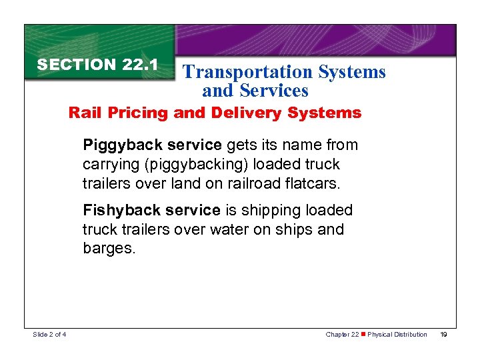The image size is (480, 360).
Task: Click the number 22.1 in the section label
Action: [140, 65]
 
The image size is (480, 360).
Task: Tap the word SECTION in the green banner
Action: [77, 65]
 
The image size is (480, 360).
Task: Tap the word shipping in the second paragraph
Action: [271, 211]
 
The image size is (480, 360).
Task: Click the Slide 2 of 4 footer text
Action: [49, 334]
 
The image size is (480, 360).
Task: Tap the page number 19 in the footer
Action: [443, 334]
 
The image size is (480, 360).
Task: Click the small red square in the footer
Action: [363, 334]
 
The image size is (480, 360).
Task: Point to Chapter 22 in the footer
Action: [341, 334]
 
